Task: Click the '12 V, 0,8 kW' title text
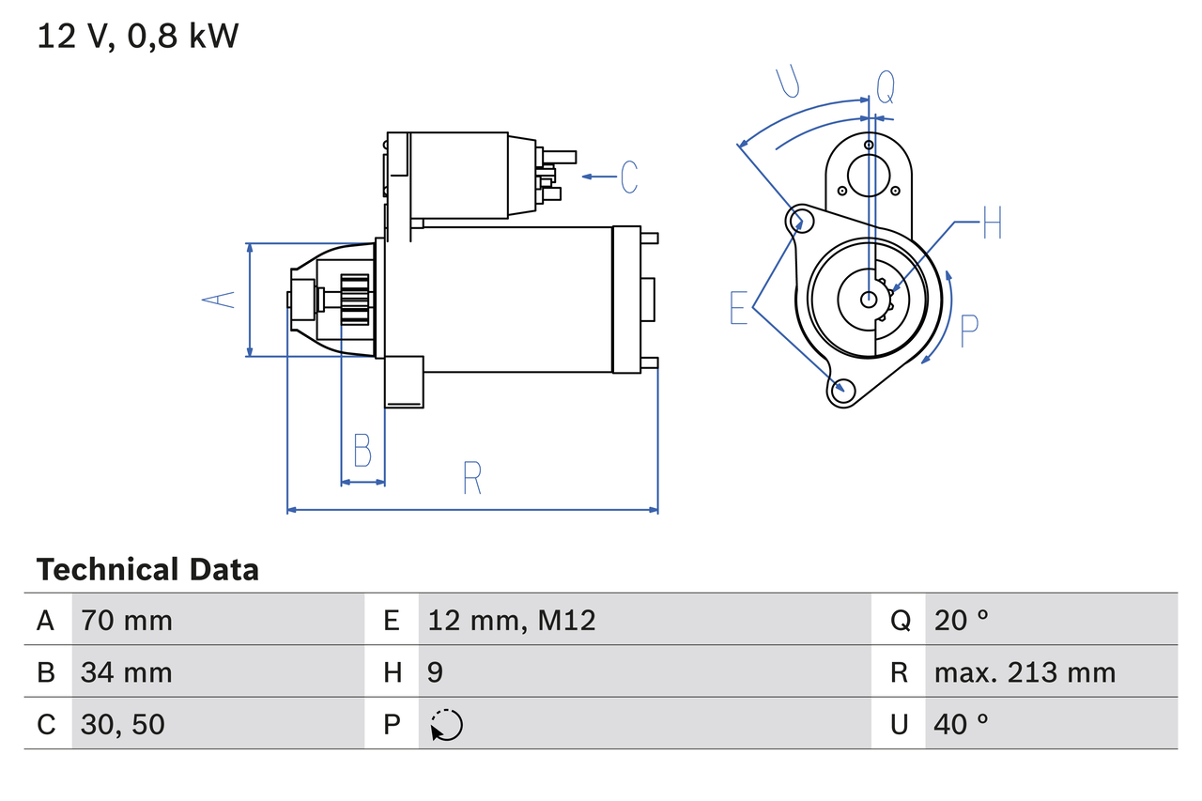(138, 37)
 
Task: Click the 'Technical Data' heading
(147, 570)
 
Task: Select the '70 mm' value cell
(127, 620)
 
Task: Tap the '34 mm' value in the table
(127, 672)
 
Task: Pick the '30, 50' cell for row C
(123, 724)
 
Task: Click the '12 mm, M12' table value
(512, 620)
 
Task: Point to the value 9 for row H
(436, 672)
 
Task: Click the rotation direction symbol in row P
(446, 725)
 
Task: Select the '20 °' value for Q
(962, 620)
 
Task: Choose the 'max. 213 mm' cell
(1025, 672)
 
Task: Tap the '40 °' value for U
(962, 724)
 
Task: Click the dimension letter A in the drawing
(219, 300)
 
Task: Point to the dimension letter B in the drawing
(362, 451)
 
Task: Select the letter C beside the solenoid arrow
(628, 177)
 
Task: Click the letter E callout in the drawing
(739, 308)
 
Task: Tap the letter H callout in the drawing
(993, 224)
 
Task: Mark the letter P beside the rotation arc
(969, 331)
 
